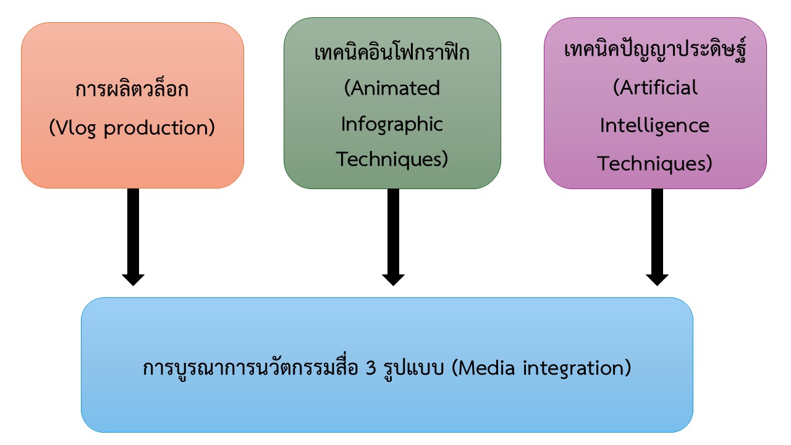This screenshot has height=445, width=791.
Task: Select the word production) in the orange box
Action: (x=159, y=128)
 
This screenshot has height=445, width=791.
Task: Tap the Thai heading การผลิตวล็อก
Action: (x=132, y=88)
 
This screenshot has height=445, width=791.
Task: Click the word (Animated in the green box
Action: (x=392, y=88)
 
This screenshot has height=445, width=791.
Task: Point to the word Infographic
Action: (x=392, y=124)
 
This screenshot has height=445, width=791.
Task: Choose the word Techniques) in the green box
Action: (x=392, y=159)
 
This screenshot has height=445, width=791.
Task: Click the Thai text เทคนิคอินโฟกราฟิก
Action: (x=392, y=53)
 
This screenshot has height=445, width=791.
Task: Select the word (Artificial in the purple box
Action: (x=656, y=87)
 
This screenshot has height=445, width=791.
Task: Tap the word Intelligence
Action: (x=654, y=126)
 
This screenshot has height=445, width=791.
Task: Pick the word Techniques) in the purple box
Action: (x=654, y=164)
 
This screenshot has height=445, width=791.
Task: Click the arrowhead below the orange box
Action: (x=133, y=280)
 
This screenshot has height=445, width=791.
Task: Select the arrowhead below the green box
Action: (x=394, y=280)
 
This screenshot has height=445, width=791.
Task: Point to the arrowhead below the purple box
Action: (x=657, y=280)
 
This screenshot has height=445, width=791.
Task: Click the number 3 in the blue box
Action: (x=371, y=368)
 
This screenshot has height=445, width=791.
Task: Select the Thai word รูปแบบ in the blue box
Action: (x=413, y=368)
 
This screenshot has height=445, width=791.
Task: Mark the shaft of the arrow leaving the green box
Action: (x=394, y=232)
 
